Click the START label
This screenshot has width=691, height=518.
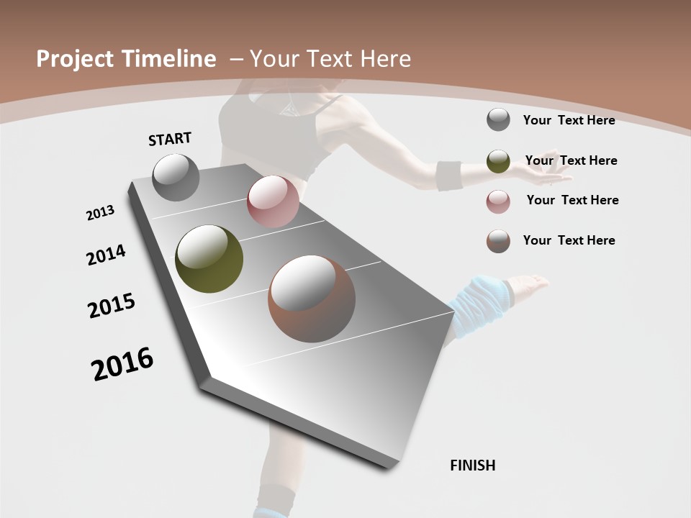tap(170, 139)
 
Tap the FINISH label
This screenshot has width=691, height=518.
tap(473, 465)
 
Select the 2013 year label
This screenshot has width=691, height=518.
tap(101, 213)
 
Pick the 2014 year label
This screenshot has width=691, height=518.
tap(106, 255)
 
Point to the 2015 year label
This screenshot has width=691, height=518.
tap(112, 306)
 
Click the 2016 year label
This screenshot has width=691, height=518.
tap(122, 364)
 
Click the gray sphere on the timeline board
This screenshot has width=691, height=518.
tap(176, 177)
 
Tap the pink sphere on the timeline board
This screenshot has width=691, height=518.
tap(273, 201)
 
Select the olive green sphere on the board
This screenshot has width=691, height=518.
tap(209, 259)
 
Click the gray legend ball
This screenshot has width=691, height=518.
tap(498, 120)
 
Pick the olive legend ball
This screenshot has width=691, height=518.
tap(498, 161)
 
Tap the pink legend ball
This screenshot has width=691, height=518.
tap(498, 201)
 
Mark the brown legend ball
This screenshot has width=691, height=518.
tap(498, 241)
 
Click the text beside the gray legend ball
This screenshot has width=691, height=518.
tap(569, 120)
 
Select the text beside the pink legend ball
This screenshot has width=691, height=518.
tap(572, 200)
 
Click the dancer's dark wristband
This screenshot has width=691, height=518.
tap(449, 176)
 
